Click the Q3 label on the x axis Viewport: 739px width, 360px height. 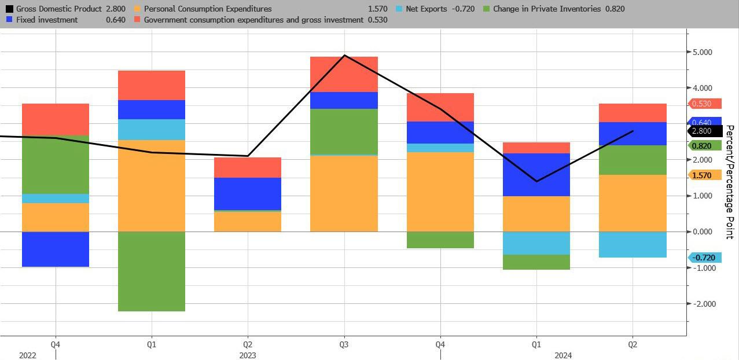point(344,344)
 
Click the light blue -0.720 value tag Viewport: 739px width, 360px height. point(704,258)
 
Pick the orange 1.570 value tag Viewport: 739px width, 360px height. point(704,175)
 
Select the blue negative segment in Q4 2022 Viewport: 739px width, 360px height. point(56,249)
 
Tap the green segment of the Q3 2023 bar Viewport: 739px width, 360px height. point(344,131)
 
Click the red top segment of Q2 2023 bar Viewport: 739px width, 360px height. point(248,167)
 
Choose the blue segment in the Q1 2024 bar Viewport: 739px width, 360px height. point(536,174)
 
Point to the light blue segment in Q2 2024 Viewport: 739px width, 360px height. point(633,244)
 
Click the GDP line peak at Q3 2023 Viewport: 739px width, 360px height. point(344,56)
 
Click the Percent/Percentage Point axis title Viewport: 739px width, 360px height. point(729,181)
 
